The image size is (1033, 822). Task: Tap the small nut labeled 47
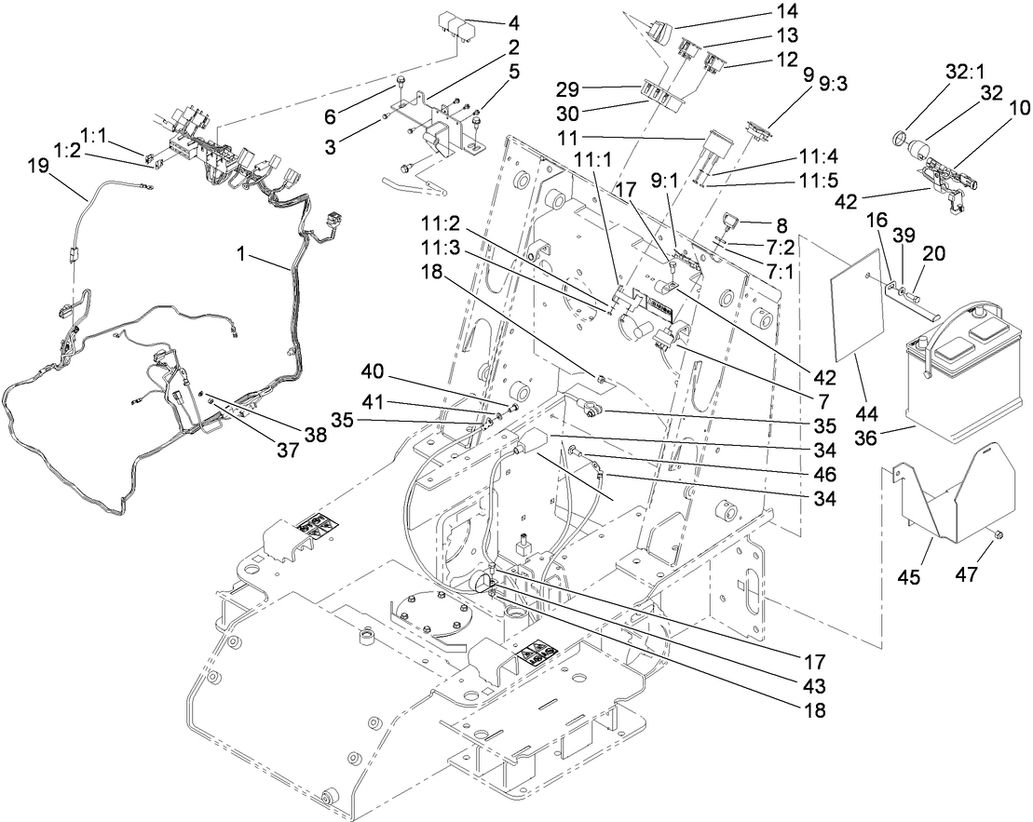coord(996,534)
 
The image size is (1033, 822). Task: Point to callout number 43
coord(812,686)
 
